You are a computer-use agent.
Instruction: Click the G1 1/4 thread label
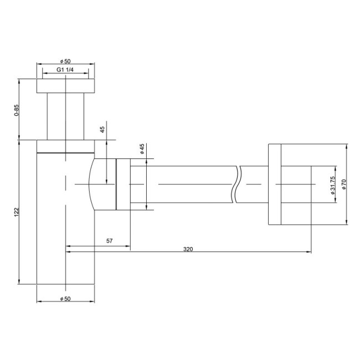point(65,70)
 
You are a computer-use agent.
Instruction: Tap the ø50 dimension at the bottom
point(65,299)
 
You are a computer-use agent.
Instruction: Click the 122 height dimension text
point(17,212)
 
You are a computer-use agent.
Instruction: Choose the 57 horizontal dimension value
point(109,241)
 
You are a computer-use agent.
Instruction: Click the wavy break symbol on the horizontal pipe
point(238,184)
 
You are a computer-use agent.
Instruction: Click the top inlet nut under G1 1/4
point(65,85)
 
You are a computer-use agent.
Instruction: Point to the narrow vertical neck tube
point(65,116)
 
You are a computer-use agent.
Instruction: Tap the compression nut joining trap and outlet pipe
point(122,184)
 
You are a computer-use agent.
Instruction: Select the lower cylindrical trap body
point(65,233)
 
